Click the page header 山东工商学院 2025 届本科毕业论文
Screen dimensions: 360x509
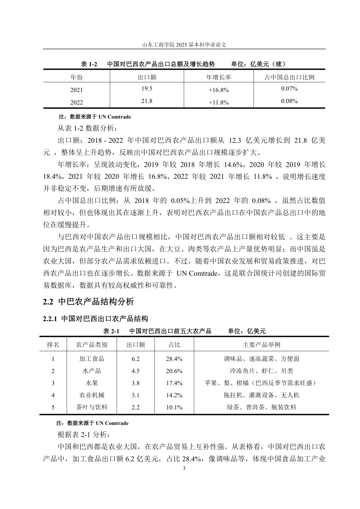point(184,44)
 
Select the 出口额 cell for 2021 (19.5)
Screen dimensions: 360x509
point(147,89)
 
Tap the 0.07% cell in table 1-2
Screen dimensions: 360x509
point(289,89)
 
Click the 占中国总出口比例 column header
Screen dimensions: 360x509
point(289,77)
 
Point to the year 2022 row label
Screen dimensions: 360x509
point(76,102)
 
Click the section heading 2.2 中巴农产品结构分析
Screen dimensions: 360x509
point(88,301)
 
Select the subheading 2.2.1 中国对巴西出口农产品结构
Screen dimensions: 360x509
point(95,319)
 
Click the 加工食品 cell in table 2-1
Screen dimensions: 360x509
point(91,359)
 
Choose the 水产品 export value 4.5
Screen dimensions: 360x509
point(135,371)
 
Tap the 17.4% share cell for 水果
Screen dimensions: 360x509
point(174,383)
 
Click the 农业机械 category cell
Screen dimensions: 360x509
point(91,395)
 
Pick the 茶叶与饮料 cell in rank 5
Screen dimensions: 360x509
point(91,407)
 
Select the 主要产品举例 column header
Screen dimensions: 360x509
point(261,345)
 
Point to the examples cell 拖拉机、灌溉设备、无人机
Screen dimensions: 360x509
point(261,395)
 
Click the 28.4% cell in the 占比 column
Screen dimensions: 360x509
point(174,359)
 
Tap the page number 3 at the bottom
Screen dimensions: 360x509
point(184,468)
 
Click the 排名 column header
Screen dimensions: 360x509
point(53,345)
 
